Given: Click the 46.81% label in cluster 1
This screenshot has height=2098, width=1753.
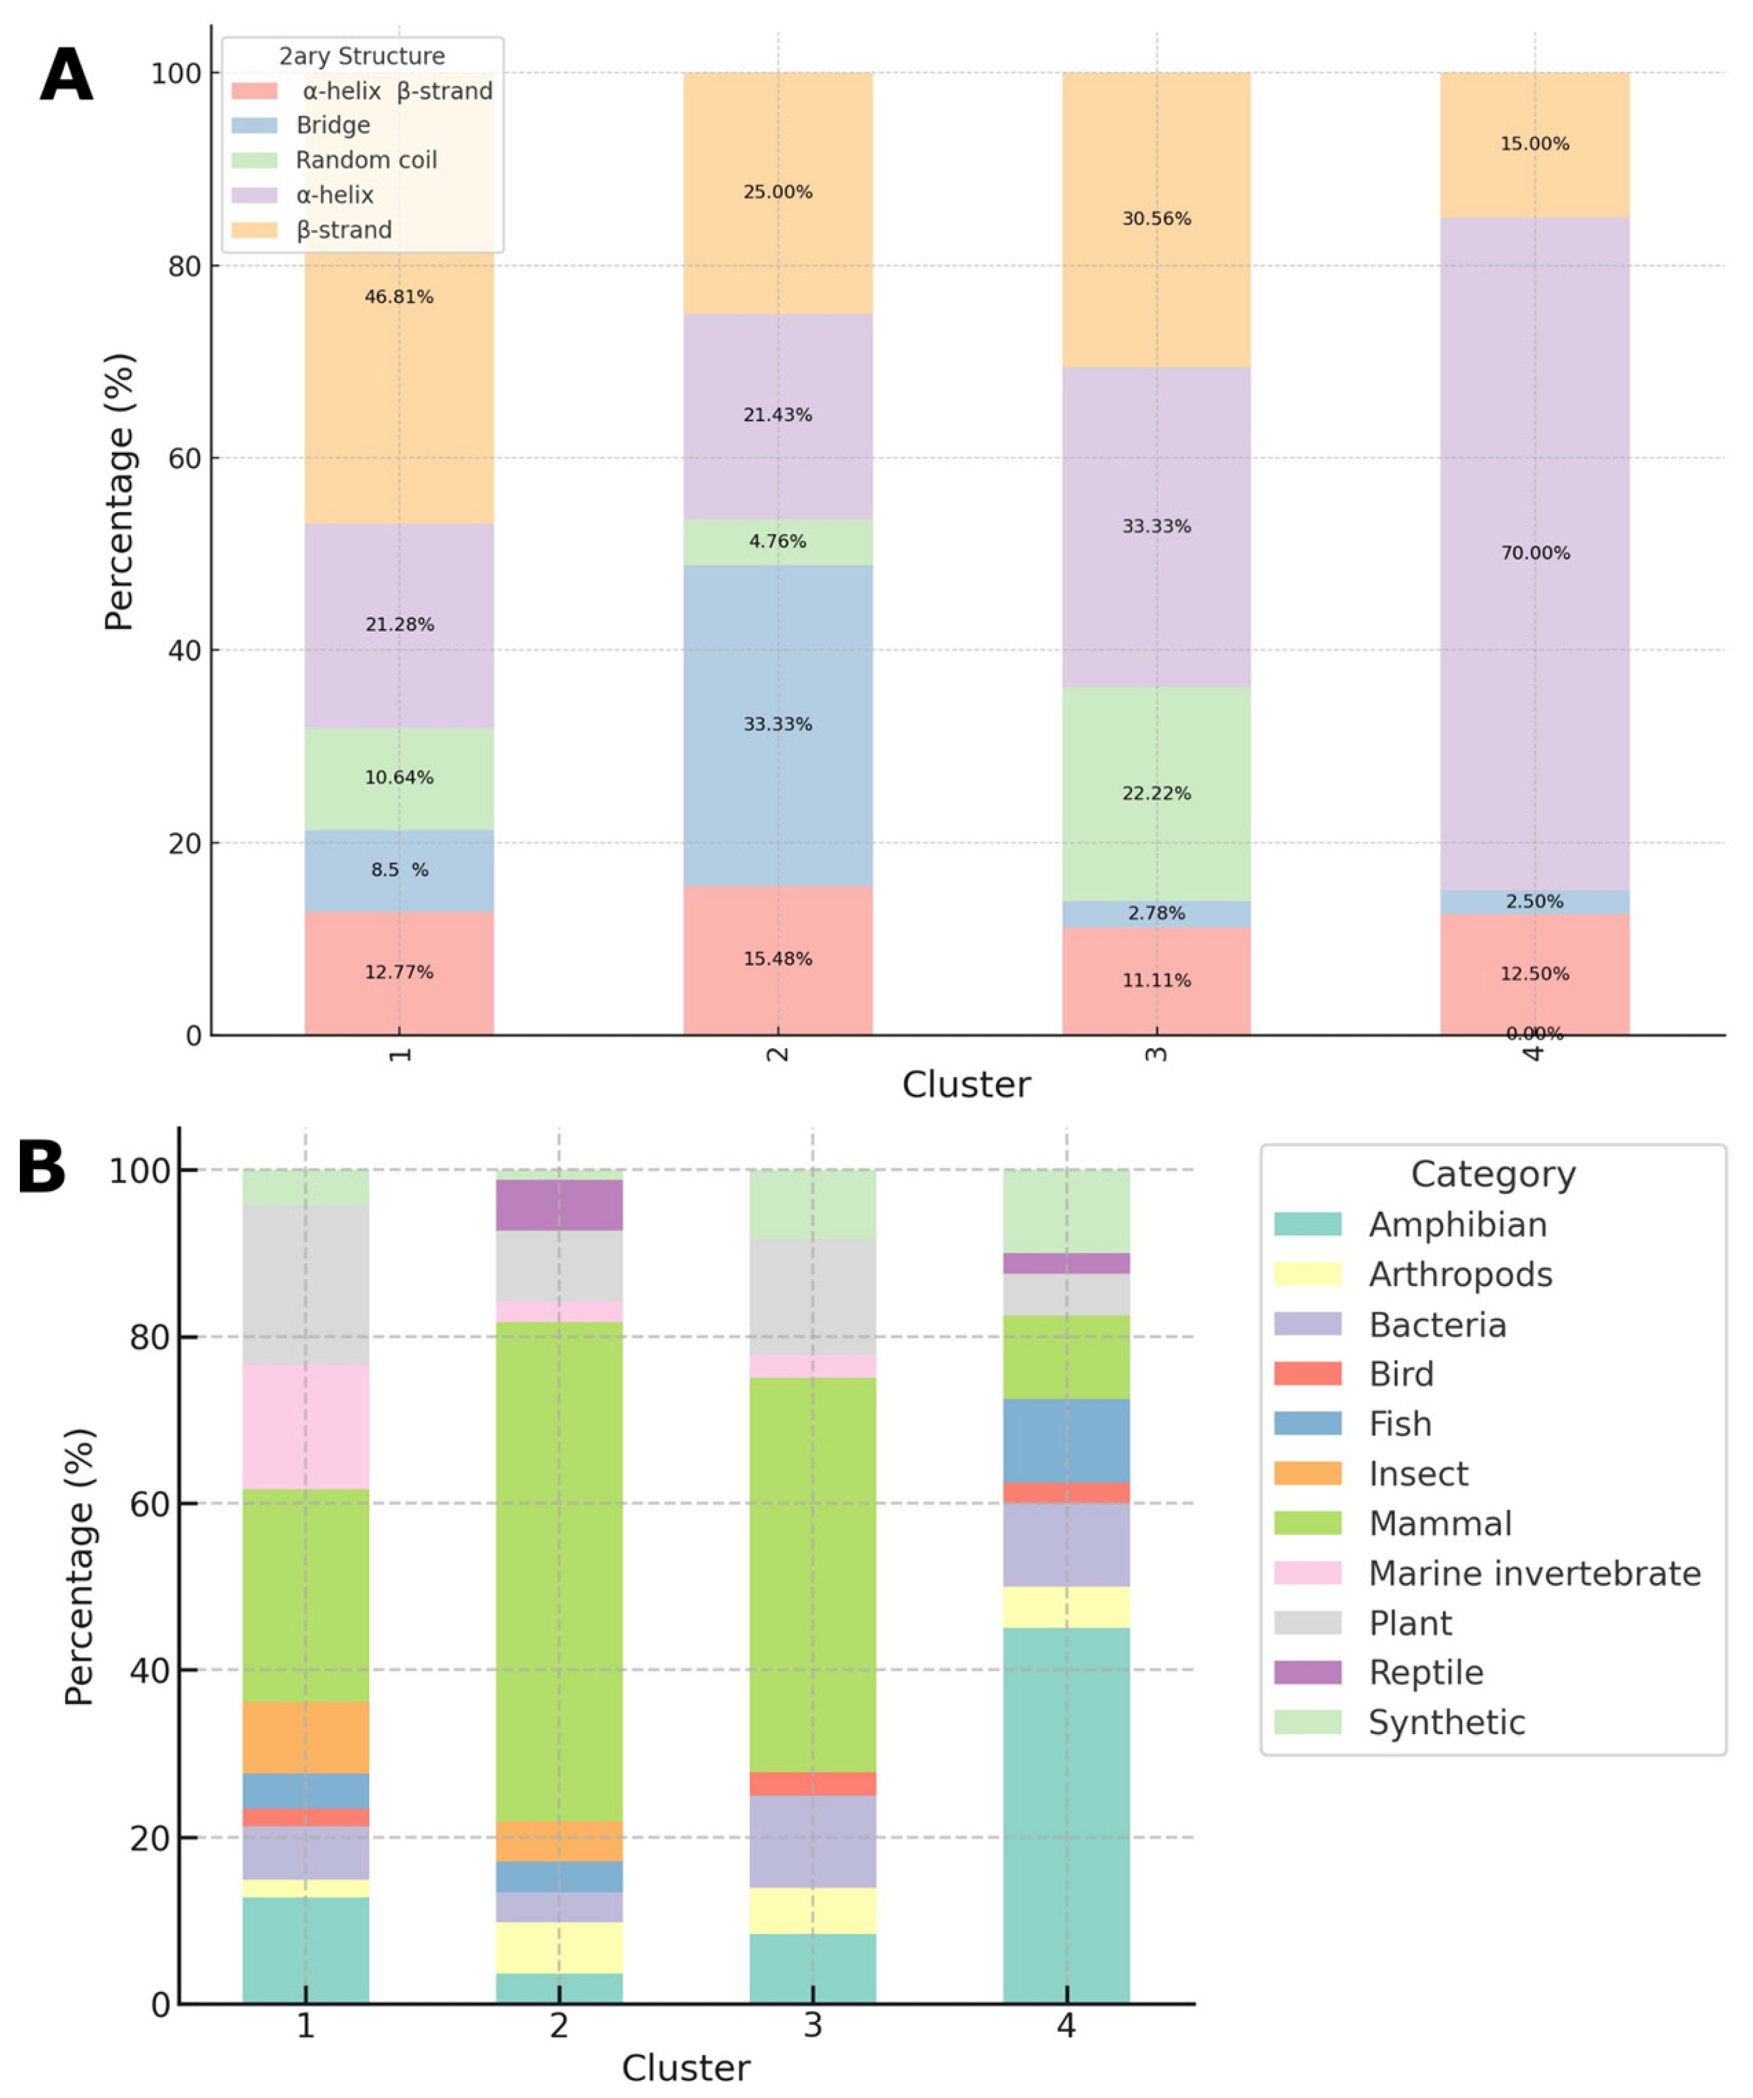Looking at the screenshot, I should [399, 297].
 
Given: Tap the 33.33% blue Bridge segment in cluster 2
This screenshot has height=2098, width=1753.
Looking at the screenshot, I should [777, 724].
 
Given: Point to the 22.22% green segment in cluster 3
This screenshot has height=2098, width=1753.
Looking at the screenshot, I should [1156, 793].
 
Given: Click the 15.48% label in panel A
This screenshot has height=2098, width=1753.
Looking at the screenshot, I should [777, 959].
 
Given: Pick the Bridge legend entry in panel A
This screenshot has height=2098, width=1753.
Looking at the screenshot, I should [332, 125].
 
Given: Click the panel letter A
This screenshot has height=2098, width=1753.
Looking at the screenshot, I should [66, 77].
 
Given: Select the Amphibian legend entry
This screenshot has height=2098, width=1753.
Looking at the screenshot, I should [1456, 1225].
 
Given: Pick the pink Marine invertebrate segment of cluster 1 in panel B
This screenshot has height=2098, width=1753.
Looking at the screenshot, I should [306, 1426].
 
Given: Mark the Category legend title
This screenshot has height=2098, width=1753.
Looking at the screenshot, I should [1492, 1174].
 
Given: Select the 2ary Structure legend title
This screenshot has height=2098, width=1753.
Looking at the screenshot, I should [361, 56].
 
